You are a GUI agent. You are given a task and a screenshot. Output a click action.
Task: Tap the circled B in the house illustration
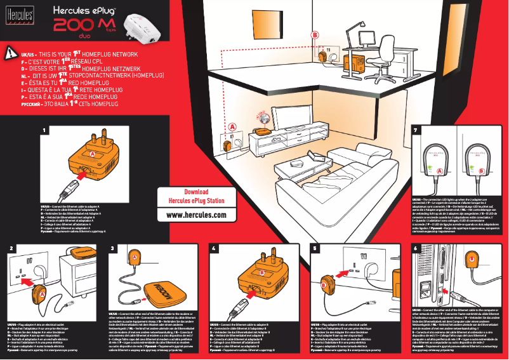(314, 35)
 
